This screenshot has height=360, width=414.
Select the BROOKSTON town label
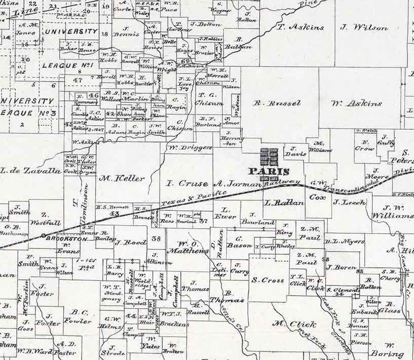(62, 237)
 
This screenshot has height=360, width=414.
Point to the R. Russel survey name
(277, 103)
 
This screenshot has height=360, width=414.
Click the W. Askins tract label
(356, 103)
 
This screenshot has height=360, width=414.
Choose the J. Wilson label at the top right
(364, 28)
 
